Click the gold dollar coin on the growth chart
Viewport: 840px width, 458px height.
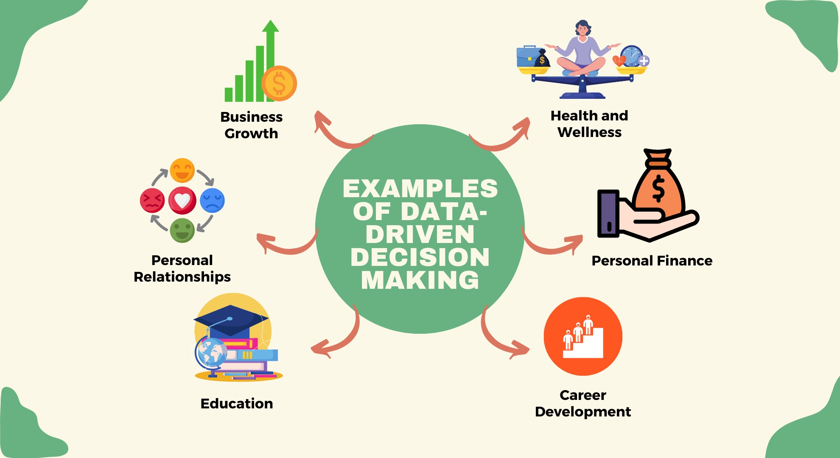pyautogui.click(x=279, y=83)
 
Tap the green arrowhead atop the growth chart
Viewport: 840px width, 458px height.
pyautogui.click(x=270, y=26)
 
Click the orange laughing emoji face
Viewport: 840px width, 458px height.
pyautogui.click(x=182, y=170)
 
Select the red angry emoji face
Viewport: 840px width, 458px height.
pyautogui.click(x=152, y=201)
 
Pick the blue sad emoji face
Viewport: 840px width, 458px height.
pyautogui.click(x=212, y=201)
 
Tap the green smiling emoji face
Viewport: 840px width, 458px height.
pyautogui.click(x=182, y=230)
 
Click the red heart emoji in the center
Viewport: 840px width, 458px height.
pyautogui.click(x=182, y=201)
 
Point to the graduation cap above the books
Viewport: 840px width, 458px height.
pyautogui.click(x=231, y=320)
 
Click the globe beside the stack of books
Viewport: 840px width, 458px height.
pyautogui.click(x=211, y=353)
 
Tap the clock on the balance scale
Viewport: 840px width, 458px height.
pyautogui.click(x=632, y=56)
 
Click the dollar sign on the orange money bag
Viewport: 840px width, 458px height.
pyautogui.click(x=658, y=188)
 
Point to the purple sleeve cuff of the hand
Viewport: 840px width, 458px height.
pyautogui.click(x=608, y=213)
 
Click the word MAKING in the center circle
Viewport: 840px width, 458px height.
pyautogui.click(x=420, y=280)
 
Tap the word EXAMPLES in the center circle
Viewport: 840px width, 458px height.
pyautogui.click(x=420, y=189)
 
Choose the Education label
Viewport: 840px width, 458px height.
pyautogui.click(x=237, y=403)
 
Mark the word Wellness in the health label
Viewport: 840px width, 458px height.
pyautogui.click(x=589, y=132)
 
